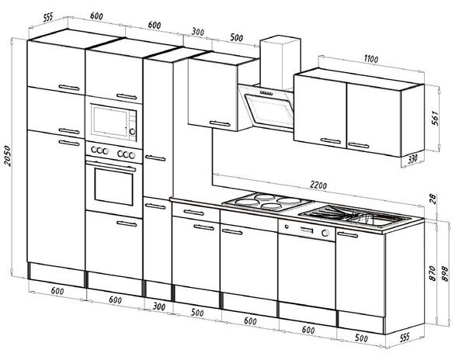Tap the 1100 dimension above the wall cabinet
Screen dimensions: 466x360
pyautogui.click(x=371, y=59)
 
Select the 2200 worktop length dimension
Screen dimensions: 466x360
pyautogui.click(x=318, y=185)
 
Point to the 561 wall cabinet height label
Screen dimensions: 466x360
pyautogui.click(x=434, y=118)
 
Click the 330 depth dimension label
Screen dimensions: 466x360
pyautogui.click(x=412, y=159)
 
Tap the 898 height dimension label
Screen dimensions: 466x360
pyautogui.click(x=444, y=273)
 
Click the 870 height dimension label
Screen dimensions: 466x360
pyautogui.click(x=433, y=273)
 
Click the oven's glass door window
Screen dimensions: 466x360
pyautogui.click(x=114, y=187)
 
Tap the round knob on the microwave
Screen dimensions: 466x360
pyautogui.click(x=132, y=131)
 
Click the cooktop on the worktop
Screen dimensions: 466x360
pyautogui.click(x=268, y=202)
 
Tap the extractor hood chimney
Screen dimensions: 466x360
pyautogui.click(x=280, y=63)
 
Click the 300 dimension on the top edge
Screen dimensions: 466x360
pyautogui.click(x=197, y=32)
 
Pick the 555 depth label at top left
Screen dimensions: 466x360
pyautogui.click(x=47, y=17)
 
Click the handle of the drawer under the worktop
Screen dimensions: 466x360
pyautogui.click(x=193, y=213)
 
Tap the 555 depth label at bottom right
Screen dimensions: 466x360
pyautogui.click(x=405, y=337)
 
